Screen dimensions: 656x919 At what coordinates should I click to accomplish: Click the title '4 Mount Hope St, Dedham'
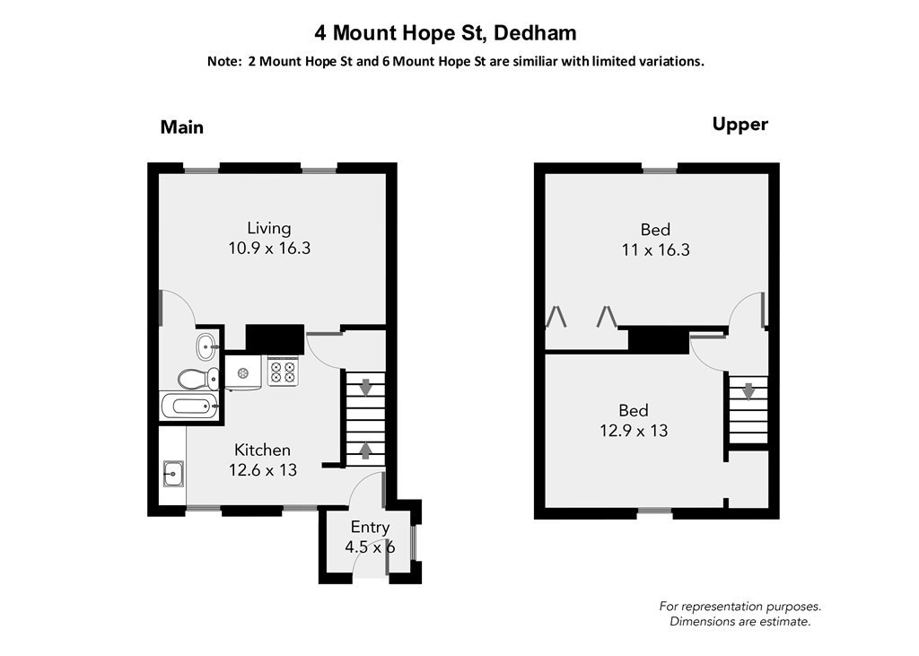(445, 34)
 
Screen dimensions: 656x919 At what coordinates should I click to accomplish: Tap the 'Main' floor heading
(182, 127)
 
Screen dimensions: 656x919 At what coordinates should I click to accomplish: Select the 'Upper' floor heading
(740, 125)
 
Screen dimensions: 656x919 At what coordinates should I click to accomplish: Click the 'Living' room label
(269, 228)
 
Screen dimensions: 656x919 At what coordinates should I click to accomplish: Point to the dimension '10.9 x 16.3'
(269, 249)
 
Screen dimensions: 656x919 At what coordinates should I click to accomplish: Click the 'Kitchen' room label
(262, 450)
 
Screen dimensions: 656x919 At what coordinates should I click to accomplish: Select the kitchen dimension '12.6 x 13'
(262, 469)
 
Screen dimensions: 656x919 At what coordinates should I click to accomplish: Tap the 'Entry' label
(370, 527)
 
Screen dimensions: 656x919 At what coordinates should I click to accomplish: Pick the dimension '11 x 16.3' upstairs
(655, 250)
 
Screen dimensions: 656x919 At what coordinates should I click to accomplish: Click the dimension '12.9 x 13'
(634, 431)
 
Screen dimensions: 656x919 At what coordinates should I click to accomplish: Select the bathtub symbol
(189, 407)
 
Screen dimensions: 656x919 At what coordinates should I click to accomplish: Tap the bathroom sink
(206, 344)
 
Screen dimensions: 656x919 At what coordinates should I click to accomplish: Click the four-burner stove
(283, 371)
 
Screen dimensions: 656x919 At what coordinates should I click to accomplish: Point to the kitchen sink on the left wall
(174, 473)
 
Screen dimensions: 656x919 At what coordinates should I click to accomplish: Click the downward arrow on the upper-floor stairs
(748, 391)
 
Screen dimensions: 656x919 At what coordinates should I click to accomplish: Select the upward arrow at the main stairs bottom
(366, 449)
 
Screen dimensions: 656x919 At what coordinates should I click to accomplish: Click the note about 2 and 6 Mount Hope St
(455, 62)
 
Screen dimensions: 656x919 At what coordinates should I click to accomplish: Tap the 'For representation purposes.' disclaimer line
(740, 607)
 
